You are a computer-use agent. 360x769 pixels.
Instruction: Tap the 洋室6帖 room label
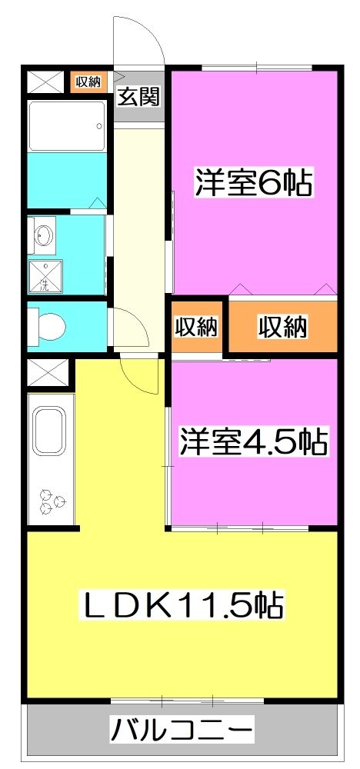253,183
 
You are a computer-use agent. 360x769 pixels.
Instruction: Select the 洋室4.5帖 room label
254,442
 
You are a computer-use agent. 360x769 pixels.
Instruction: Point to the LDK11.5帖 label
183,606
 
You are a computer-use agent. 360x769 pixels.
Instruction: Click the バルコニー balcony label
182,727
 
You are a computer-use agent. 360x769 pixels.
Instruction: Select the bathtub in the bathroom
66,125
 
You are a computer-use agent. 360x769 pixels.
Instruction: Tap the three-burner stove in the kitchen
52,501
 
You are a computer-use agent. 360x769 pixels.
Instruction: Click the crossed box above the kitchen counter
42,375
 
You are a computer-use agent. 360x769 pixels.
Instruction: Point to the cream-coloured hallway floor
138,215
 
